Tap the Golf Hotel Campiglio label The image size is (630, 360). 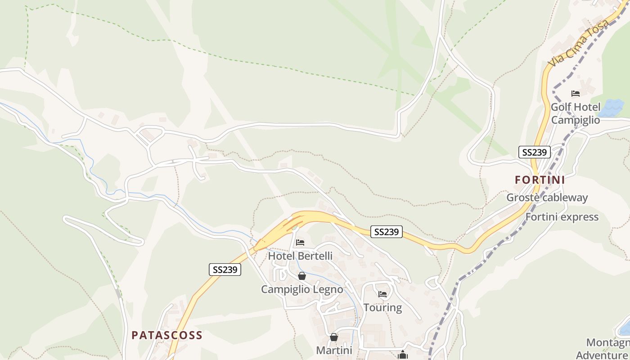[x=576, y=113]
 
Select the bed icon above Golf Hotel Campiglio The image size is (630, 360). [x=576, y=94]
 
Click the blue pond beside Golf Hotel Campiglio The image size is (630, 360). [x=612, y=108]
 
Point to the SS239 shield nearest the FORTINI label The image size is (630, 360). [x=534, y=152]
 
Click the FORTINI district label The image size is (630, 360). [x=540, y=180]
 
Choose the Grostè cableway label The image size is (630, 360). [x=547, y=198]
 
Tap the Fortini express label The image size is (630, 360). [x=562, y=217]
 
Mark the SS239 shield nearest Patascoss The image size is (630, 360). [x=225, y=270]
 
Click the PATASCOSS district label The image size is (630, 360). [x=167, y=335]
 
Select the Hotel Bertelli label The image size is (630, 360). [x=300, y=256]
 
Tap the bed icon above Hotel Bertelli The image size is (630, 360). [x=300, y=243]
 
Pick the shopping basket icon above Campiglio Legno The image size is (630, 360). [x=302, y=276]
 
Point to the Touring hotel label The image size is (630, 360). [x=382, y=307]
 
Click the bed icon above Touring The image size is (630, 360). [x=382, y=294]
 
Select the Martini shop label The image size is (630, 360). [x=334, y=350]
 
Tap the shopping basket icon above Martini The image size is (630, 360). [x=334, y=337]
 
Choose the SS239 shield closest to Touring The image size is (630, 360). [x=387, y=232]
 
